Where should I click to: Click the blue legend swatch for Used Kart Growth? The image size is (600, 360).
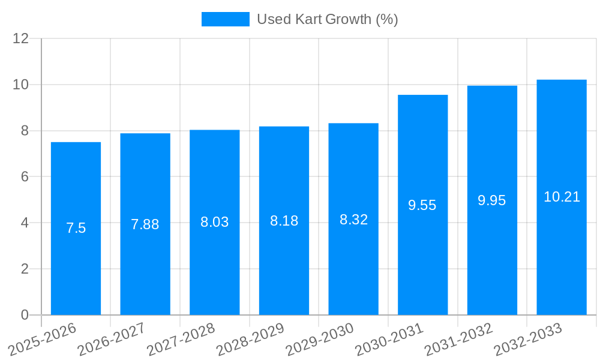click(225, 19)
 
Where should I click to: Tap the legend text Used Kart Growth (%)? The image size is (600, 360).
click(327, 19)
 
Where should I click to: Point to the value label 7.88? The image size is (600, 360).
click(145, 224)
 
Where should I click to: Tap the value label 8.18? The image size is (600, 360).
click(284, 221)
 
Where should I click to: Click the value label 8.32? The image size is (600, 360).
click(353, 220)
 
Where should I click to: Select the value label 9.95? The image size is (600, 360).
click(492, 200)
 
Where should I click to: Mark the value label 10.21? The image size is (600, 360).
click(562, 197)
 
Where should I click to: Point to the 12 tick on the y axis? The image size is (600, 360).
click(21, 39)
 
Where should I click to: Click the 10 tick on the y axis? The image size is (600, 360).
click(21, 85)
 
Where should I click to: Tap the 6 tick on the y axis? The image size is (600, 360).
click(25, 177)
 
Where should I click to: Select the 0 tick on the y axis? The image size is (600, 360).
click(25, 315)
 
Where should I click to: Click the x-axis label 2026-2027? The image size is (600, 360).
click(111, 339)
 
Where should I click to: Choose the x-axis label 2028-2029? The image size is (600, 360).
click(250, 339)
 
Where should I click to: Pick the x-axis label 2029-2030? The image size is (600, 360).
click(319, 339)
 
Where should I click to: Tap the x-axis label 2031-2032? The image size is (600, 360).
click(458, 339)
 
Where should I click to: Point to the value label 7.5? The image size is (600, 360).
click(76, 228)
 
